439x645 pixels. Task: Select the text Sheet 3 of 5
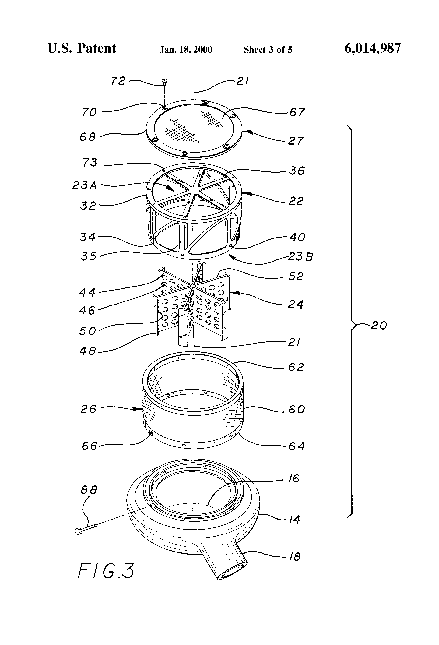click(x=268, y=50)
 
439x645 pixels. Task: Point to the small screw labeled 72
click(x=164, y=81)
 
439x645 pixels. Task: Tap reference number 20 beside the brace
click(x=378, y=326)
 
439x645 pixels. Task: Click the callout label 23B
click(x=300, y=257)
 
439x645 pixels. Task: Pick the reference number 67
click(x=297, y=113)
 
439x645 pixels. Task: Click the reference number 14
click(x=294, y=520)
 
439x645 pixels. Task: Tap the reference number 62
click(x=296, y=368)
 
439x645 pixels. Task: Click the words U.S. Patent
click(x=82, y=49)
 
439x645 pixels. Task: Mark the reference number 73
click(x=90, y=163)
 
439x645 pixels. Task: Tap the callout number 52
click(x=296, y=277)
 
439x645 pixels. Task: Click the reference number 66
click(x=89, y=446)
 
